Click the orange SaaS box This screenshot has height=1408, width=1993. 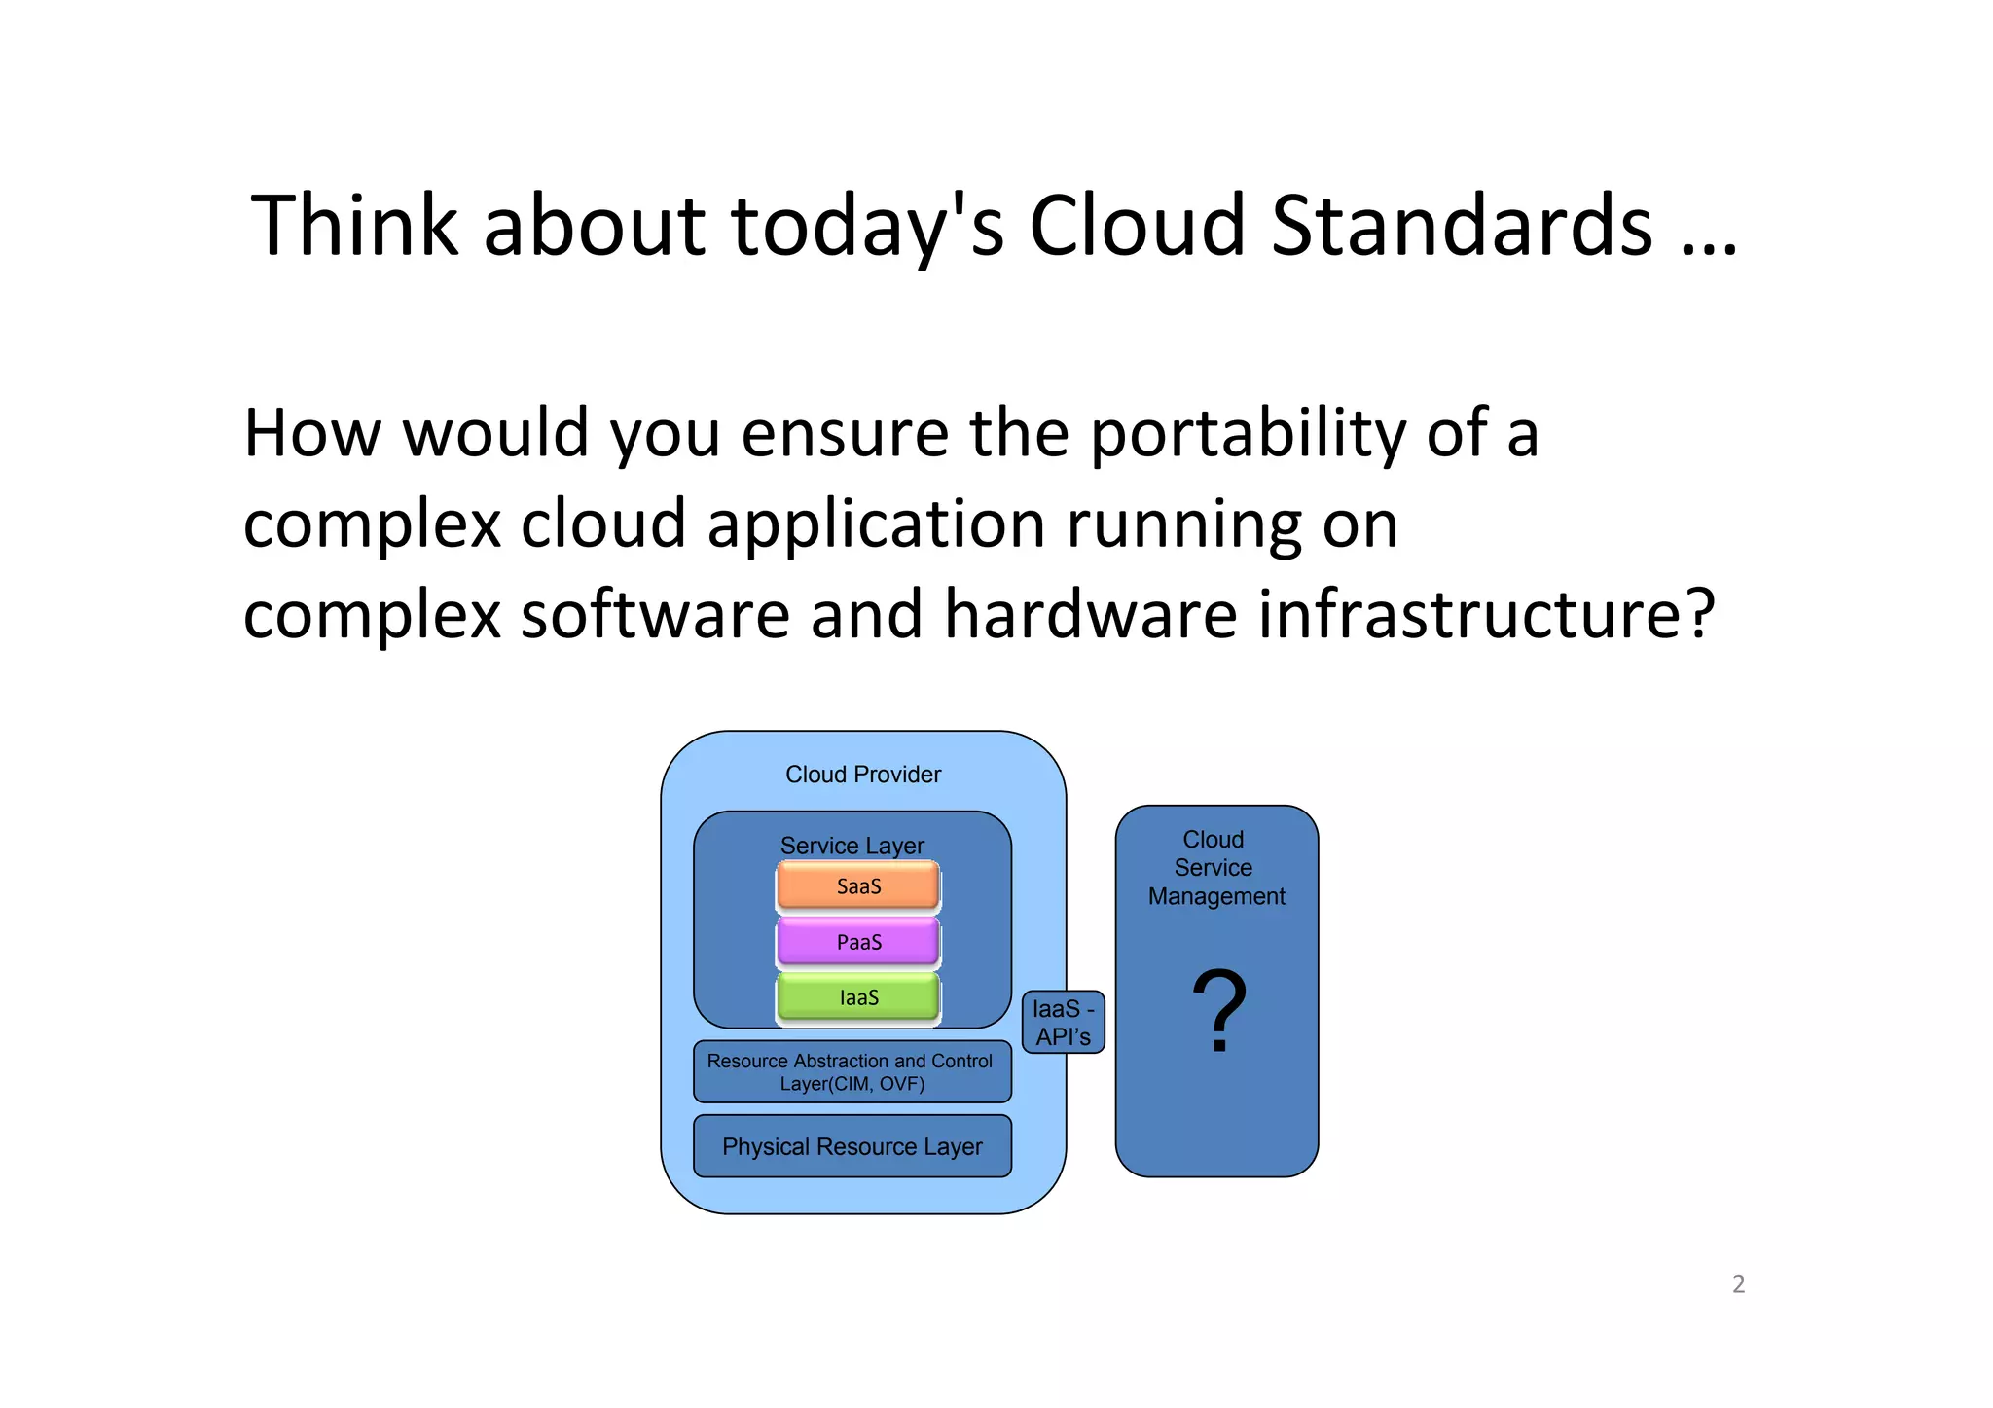858,885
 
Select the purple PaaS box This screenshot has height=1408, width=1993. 858,942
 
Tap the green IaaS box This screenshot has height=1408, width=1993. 858,997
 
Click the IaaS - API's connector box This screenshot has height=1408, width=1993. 1063,1022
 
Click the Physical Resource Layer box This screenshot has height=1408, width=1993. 852,1146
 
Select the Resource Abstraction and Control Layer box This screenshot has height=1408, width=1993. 852,1071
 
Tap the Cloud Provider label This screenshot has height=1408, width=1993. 863,775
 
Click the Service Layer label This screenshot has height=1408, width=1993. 852,845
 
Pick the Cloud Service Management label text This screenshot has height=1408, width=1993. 1215,867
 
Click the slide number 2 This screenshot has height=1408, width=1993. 1738,1283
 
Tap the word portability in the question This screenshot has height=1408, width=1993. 1248,433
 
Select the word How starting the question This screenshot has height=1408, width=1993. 312,433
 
